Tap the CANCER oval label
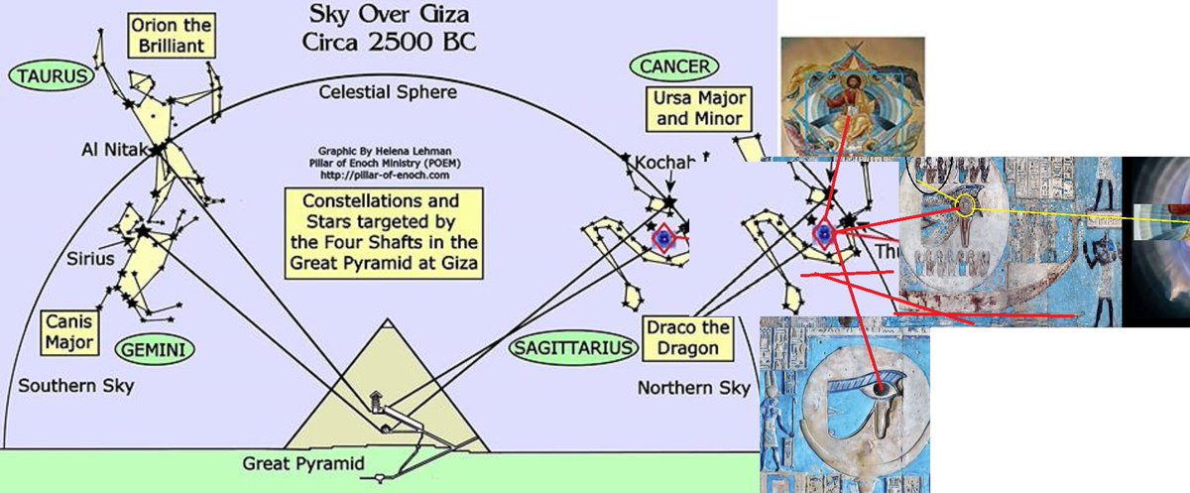pyautogui.click(x=673, y=67)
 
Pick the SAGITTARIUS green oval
pyautogui.click(x=572, y=348)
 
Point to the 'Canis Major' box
pyautogui.click(x=71, y=332)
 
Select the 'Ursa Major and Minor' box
pyautogui.click(x=698, y=109)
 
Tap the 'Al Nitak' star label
pyautogui.click(x=113, y=150)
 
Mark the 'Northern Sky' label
pyautogui.click(x=693, y=387)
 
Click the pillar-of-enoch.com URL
pyautogui.click(x=388, y=171)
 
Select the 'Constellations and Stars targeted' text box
pyautogui.click(x=387, y=232)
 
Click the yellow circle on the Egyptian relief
pyautogui.click(x=965, y=205)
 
